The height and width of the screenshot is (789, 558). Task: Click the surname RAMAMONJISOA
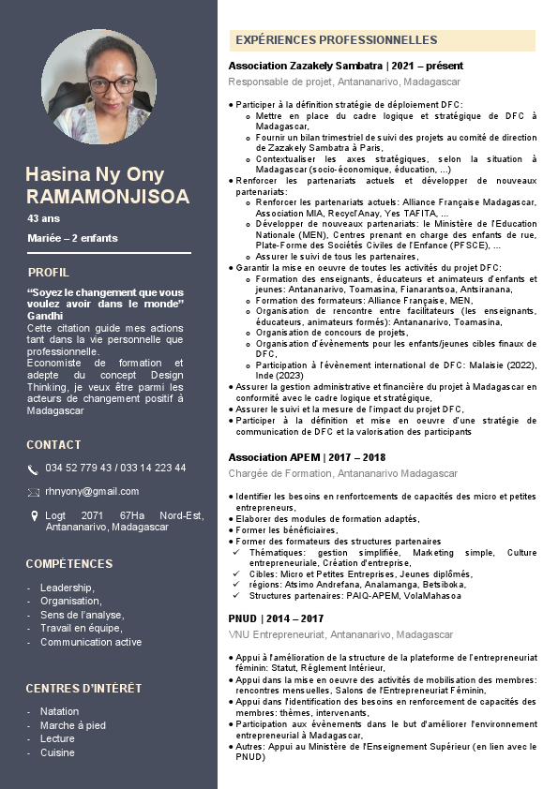tap(108, 196)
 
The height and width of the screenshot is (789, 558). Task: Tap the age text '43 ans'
tap(42, 218)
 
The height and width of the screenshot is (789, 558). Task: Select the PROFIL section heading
tap(48, 273)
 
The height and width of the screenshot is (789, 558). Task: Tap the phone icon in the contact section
tap(33, 469)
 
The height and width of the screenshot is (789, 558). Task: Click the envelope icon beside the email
tap(33, 492)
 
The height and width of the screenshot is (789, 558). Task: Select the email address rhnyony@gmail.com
tap(92, 491)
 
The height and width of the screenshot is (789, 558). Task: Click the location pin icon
tap(33, 515)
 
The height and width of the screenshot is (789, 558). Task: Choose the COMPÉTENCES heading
tap(69, 564)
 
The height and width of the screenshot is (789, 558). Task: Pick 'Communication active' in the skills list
tap(91, 642)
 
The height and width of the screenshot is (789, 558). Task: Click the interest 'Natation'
tap(60, 711)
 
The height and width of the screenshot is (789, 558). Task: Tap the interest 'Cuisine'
tap(57, 752)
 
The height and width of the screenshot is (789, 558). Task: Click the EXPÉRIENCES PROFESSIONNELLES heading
tap(336, 40)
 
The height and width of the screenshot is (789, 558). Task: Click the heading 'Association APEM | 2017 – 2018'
tap(307, 457)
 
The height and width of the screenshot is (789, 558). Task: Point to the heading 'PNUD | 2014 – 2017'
tap(276, 618)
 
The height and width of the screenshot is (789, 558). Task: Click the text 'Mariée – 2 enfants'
tap(72, 238)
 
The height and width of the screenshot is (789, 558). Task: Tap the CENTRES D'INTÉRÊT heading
tap(83, 688)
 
